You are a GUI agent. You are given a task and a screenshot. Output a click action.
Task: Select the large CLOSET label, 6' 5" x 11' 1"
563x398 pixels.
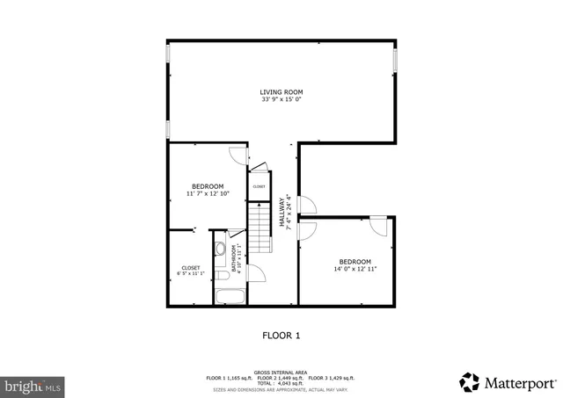pyautogui.click(x=191, y=267)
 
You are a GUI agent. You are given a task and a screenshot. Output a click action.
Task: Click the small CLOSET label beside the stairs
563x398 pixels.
pyautogui.click(x=259, y=186)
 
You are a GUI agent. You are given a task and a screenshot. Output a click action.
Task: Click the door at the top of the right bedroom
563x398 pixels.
pyautogui.click(x=378, y=226)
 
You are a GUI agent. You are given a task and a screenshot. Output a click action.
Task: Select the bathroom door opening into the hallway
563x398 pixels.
pyautogui.click(x=236, y=233)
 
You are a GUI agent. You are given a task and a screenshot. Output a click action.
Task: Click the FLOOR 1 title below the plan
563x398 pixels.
pyautogui.click(x=281, y=335)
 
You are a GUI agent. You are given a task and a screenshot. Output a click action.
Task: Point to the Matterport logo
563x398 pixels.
pyautogui.click(x=508, y=382)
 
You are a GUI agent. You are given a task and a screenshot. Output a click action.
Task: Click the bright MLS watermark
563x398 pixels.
pyautogui.click(x=33, y=385)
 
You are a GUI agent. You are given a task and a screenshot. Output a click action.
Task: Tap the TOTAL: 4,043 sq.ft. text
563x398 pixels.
pyautogui.click(x=281, y=382)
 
